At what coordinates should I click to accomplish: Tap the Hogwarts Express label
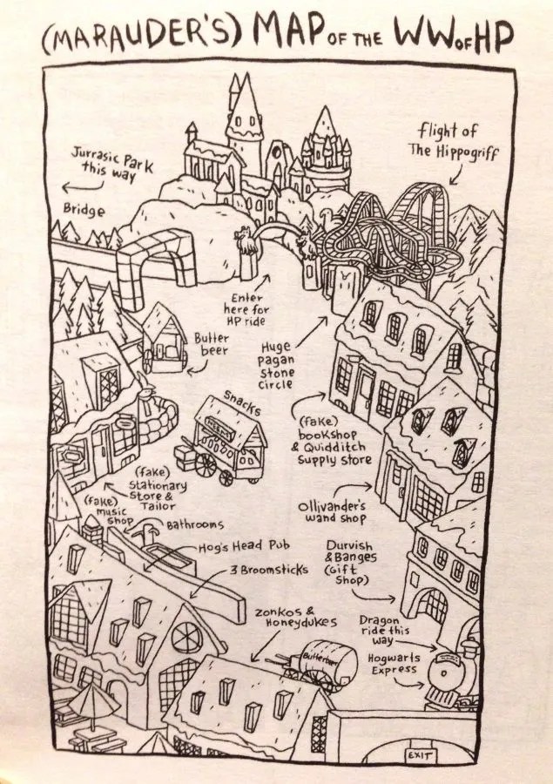point(395,664)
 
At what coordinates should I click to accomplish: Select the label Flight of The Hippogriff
point(453,140)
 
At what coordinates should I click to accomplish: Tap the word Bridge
point(84,209)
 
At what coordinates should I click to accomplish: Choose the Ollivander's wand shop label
point(332,512)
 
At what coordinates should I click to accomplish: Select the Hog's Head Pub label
point(244,546)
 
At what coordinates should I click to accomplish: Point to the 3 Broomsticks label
point(269,570)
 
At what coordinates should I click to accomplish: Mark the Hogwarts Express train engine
point(452,675)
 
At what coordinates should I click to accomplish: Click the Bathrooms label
point(195,524)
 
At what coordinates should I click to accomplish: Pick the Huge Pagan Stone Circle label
point(276,365)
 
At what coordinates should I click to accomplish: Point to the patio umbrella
point(94,698)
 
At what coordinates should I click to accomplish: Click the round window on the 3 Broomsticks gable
point(187,637)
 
